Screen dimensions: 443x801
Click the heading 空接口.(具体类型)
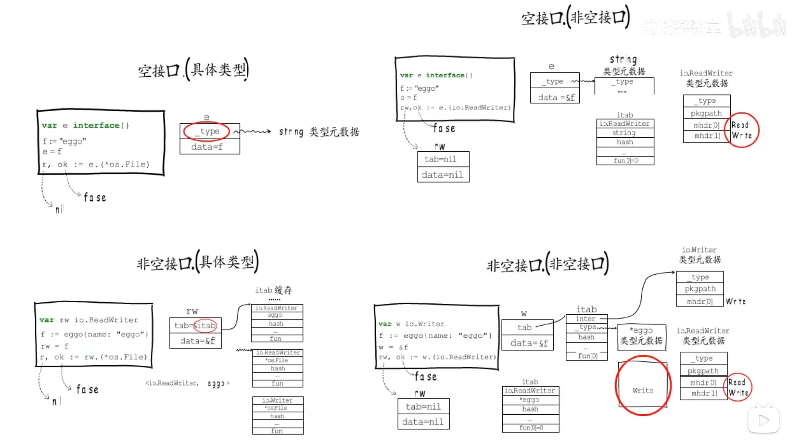pyautogui.click(x=193, y=70)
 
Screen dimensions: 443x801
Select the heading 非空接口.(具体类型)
pyautogui.click(x=197, y=262)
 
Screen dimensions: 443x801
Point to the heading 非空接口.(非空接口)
pyautogui.click(x=548, y=264)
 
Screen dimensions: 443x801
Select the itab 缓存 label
pyautogui.click(x=273, y=290)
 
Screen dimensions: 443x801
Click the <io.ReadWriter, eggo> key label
pyautogui.click(x=187, y=383)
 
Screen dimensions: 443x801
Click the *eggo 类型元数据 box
pyautogui.click(x=641, y=336)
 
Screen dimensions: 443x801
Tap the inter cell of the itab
pyautogui.click(x=586, y=319)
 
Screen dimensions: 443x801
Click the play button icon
pyautogui.click(x=763, y=420)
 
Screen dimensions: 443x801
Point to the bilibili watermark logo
pyautogui.click(x=757, y=25)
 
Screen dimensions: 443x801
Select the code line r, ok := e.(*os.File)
pyautogui.click(x=96, y=165)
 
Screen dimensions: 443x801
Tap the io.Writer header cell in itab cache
pyautogui.click(x=278, y=400)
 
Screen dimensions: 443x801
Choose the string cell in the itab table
pyautogui.click(x=624, y=133)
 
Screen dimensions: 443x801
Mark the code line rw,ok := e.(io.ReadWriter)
pyautogui.click(x=455, y=108)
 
